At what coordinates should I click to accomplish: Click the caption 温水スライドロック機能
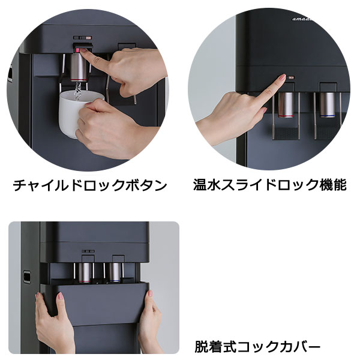click(270, 185)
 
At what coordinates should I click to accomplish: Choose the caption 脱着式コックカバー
click(257, 346)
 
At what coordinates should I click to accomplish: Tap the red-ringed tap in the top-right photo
click(287, 103)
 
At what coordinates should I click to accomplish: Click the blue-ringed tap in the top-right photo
click(328, 103)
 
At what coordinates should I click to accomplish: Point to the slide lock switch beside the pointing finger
click(291, 77)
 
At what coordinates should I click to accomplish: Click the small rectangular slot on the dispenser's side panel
click(26, 277)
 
